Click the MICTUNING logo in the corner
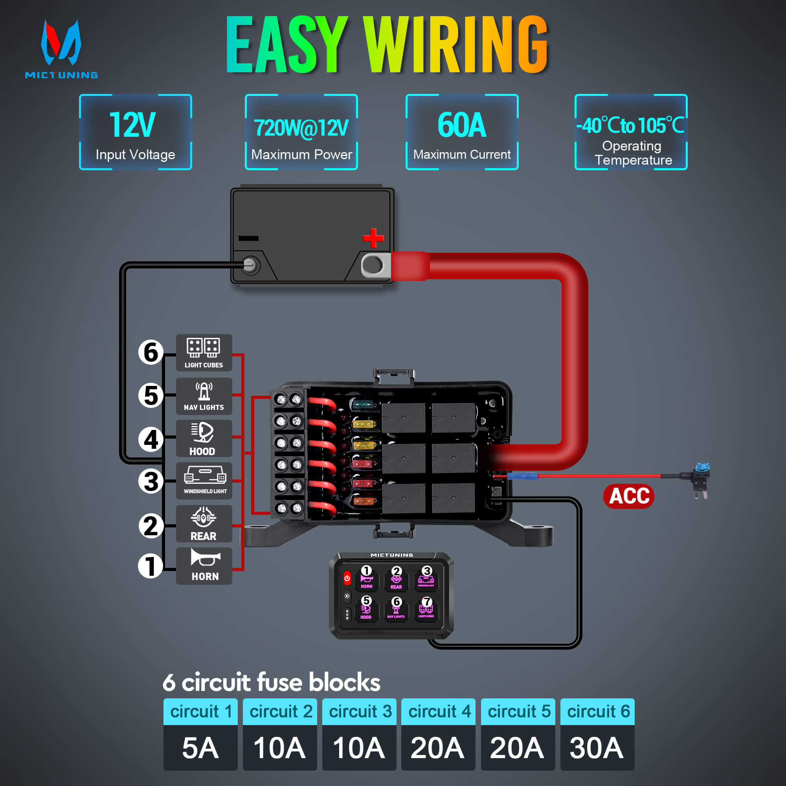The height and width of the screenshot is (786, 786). (61, 49)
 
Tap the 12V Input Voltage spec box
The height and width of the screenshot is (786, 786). (136, 132)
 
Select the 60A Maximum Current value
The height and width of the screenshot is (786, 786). (462, 125)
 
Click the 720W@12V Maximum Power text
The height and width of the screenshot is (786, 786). (301, 128)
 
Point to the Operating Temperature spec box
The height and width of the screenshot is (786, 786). (631, 132)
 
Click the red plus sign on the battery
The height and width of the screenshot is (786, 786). (373, 238)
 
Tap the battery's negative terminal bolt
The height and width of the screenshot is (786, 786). (250, 266)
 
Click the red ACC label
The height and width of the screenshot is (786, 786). (628, 496)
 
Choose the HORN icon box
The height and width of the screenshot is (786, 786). (204, 566)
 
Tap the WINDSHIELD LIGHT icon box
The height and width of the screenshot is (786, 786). (204, 481)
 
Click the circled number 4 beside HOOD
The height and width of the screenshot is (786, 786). (151, 439)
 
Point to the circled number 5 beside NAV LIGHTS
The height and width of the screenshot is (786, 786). (151, 395)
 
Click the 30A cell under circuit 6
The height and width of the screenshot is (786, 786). (597, 748)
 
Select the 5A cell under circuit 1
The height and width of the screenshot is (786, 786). (200, 748)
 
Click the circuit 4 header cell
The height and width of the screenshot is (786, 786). (438, 712)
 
